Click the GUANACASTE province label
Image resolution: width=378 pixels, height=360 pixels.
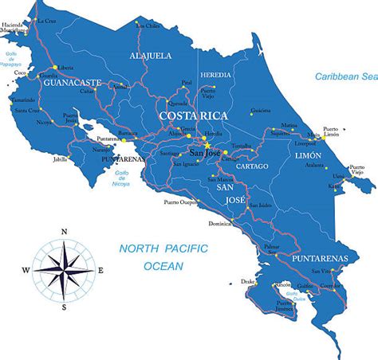[72, 82]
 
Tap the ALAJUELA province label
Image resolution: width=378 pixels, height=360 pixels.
[151, 56]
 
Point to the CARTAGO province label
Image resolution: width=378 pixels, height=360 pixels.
[251, 166]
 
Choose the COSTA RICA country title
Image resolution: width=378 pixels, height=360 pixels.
[192, 115]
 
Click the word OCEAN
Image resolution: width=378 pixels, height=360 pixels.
[164, 266]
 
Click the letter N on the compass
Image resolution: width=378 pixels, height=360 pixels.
[63, 231]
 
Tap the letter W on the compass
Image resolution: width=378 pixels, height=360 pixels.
[26, 270]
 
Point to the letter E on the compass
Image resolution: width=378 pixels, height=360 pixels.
[100, 270]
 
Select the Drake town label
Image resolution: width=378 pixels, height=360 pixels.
[248, 281]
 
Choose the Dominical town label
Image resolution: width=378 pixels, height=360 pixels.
[220, 223]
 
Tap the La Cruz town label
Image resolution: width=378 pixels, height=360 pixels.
[47, 20]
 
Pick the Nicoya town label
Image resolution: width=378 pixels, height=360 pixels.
[45, 123]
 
